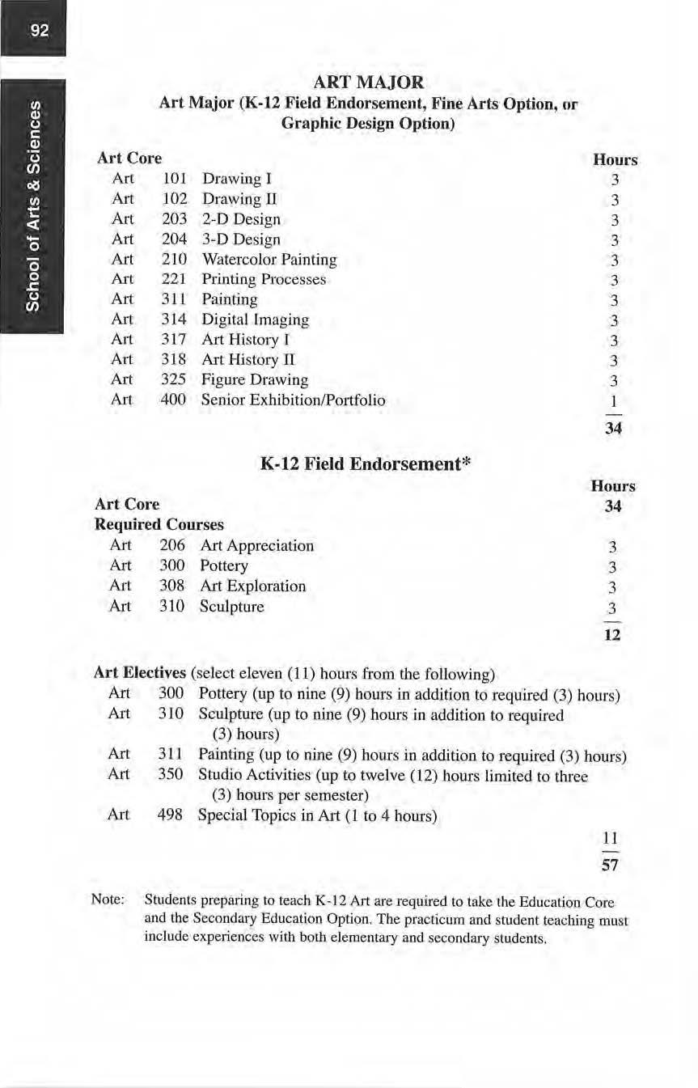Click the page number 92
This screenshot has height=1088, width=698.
pyautogui.click(x=40, y=31)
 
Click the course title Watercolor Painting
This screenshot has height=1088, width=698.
pyautogui.click(x=269, y=260)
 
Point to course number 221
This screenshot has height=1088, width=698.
pyautogui.click(x=174, y=280)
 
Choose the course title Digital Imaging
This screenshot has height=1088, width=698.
pyautogui.click(x=255, y=320)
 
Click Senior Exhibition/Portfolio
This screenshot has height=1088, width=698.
pyautogui.click(x=293, y=400)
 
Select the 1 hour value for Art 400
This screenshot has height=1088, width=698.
pyautogui.click(x=614, y=402)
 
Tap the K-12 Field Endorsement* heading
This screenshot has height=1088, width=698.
pyautogui.click(x=365, y=464)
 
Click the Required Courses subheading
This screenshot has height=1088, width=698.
pyautogui.click(x=159, y=524)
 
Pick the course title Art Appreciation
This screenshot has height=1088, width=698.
pyautogui.click(x=256, y=545)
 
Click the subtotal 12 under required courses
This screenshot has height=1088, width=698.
pyautogui.click(x=612, y=635)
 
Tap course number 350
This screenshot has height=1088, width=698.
pyautogui.click(x=172, y=774)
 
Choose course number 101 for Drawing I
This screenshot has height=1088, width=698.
pyautogui.click(x=174, y=179)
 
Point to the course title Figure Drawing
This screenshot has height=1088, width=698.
pyautogui.click(x=254, y=379)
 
